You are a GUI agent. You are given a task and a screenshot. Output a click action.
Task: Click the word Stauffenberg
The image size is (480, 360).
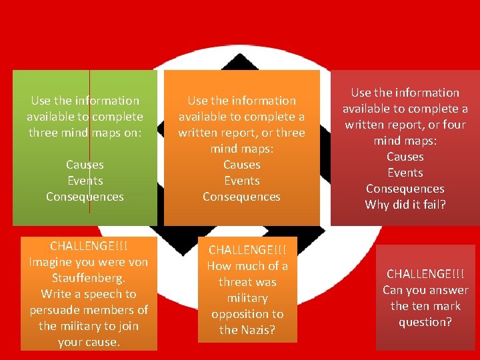tap(89, 277)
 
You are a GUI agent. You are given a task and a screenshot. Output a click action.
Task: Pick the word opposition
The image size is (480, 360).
tap(247, 314)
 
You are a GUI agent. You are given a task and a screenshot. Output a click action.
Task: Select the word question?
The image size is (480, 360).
tap(425, 322)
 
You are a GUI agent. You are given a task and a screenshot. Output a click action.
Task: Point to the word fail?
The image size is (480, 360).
tap(430, 205)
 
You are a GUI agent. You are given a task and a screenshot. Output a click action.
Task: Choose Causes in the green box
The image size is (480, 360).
tap(85, 165)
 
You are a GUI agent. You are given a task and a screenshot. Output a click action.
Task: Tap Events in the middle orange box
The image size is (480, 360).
tap(241, 181)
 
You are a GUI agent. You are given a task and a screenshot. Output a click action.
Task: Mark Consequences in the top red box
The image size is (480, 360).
tap(405, 189)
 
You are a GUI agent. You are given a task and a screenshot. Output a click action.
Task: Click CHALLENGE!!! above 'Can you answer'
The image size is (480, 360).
tap(425, 274)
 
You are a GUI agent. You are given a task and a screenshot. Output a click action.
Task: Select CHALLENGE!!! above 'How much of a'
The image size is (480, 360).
tap(247, 250)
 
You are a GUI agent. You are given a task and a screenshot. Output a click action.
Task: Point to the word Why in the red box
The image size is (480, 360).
tap(377, 205)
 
